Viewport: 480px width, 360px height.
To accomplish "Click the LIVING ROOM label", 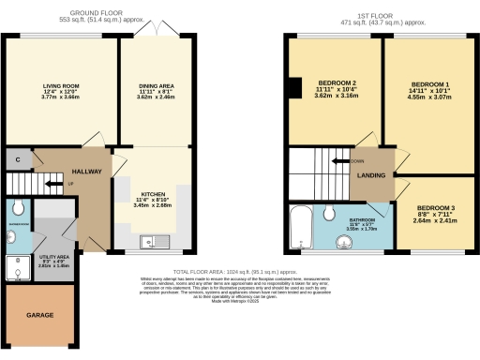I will coord(59,86).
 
